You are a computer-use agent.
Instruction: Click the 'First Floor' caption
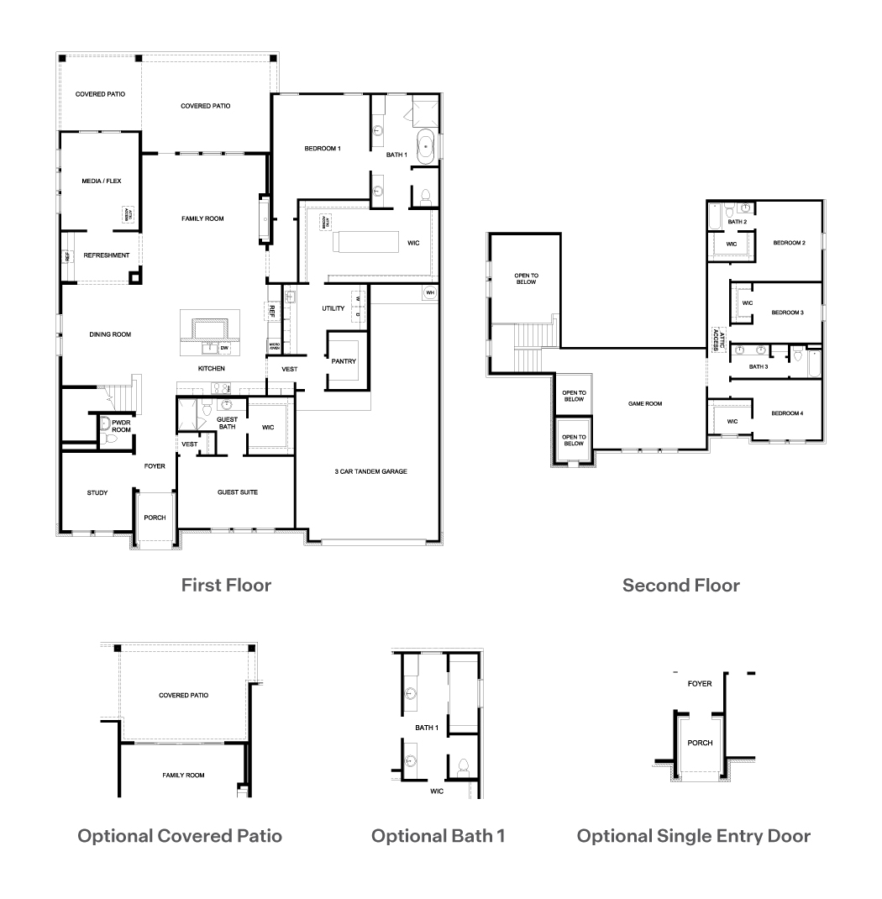(226, 585)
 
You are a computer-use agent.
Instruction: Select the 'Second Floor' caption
(680, 585)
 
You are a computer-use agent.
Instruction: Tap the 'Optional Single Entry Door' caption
(694, 836)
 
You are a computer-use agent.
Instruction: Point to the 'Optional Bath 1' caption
(438, 836)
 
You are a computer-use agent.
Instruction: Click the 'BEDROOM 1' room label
(323, 149)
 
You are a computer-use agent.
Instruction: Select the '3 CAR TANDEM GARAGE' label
(370, 471)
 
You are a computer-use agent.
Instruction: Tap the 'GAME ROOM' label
(645, 403)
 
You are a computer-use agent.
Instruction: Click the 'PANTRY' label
(344, 361)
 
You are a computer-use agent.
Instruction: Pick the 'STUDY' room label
(97, 492)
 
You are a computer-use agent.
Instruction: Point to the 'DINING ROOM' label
(110, 334)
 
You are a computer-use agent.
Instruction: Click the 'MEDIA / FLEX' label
(99, 181)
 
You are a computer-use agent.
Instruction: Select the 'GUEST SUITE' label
(237, 492)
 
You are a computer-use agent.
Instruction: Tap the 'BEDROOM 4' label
(788, 413)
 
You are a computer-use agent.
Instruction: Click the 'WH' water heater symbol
(430, 292)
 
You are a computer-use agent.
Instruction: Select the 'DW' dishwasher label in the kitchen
(224, 347)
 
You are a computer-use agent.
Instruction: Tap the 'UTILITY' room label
(333, 308)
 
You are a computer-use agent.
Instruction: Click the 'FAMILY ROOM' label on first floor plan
(202, 218)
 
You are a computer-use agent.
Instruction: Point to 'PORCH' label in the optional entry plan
(700, 743)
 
